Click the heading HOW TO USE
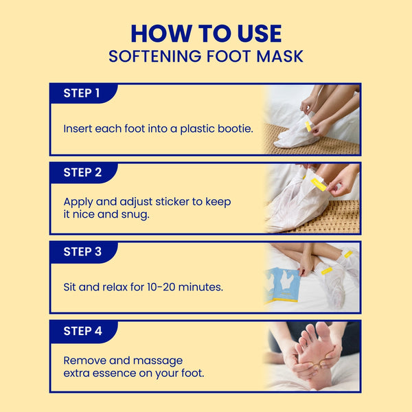tap(206, 34)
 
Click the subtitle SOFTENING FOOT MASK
tap(206, 56)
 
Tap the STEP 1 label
tap(82, 93)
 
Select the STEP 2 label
tap(82, 172)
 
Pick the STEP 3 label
tap(82, 251)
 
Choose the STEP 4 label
tap(82, 331)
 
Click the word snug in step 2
tap(136, 214)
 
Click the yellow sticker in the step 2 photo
tap(319, 184)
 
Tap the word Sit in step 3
tap(71, 287)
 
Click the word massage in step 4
tap(165, 360)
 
